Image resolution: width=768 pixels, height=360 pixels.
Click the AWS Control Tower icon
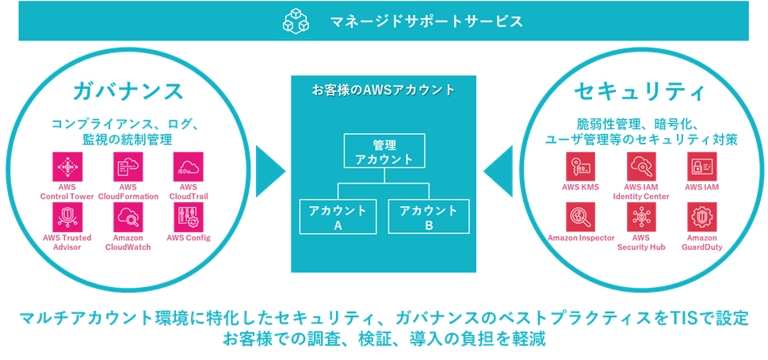coord(67,167)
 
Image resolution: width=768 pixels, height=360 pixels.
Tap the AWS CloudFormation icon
coord(128,167)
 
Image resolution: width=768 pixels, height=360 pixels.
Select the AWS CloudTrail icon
coord(189,167)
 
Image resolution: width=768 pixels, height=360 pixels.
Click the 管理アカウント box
coord(384,151)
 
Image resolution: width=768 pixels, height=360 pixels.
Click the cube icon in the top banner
coord(294,21)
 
